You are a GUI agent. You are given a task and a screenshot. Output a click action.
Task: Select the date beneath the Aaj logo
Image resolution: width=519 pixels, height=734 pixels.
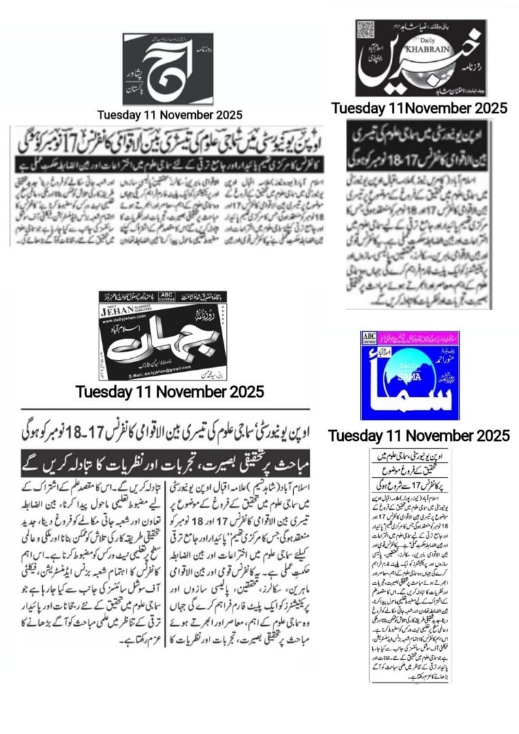click(169, 115)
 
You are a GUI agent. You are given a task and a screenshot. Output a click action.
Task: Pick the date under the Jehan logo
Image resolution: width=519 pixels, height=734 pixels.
click(169, 391)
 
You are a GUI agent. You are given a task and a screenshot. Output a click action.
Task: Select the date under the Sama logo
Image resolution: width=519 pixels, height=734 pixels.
click(418, 436)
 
